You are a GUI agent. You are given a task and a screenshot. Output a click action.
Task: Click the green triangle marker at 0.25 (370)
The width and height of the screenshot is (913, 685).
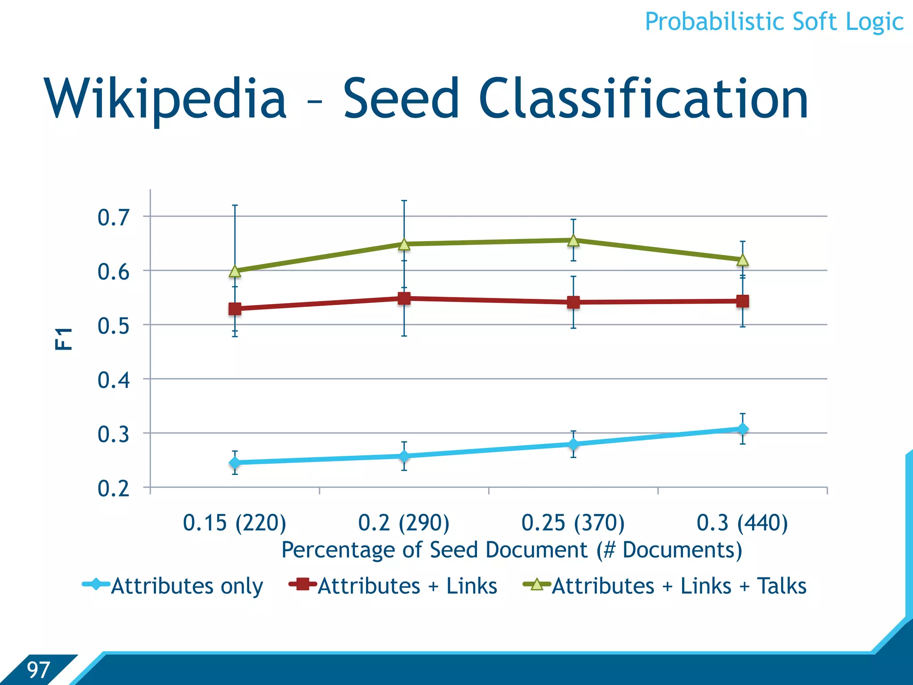[573, 241]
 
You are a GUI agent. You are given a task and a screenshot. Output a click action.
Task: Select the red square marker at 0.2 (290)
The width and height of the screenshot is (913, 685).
[404, 298]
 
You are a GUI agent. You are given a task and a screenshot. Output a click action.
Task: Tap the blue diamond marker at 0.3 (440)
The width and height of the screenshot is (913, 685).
[743, 429]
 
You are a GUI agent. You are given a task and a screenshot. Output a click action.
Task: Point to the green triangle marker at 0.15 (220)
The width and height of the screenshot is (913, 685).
[235, 271]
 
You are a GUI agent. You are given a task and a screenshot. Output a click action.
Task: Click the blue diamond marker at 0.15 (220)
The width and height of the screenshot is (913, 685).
[235, 463]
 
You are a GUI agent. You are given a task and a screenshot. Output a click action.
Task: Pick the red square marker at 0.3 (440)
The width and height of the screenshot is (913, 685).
[743, 301]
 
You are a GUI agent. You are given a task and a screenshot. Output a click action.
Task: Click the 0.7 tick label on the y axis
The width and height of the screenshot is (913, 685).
[114, 218]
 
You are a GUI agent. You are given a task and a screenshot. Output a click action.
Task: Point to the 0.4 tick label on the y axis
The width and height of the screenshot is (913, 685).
[114, 380]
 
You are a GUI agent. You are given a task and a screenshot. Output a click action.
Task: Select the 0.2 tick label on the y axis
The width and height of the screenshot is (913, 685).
[114, 489]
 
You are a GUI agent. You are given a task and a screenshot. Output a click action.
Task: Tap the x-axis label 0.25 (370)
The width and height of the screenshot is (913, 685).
[573, 523]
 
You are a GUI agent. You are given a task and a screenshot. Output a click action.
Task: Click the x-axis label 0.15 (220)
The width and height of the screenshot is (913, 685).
[234, 523]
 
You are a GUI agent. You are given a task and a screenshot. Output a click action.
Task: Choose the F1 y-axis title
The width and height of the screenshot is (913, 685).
[64, 338]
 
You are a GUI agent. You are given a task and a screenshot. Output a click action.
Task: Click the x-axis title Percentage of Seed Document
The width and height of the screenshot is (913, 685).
[511, 550]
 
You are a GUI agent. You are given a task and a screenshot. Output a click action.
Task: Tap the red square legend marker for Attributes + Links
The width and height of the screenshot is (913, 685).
[303, 584]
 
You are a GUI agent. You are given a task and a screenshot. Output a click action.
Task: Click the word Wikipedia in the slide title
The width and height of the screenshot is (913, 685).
[165, 99]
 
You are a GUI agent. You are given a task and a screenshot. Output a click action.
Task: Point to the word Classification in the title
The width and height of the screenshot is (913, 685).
[643, 99]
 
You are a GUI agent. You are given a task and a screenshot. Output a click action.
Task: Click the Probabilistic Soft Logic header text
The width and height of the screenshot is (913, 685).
[774, 22]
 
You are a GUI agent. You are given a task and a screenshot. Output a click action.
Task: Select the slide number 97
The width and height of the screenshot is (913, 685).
[38, 670]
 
